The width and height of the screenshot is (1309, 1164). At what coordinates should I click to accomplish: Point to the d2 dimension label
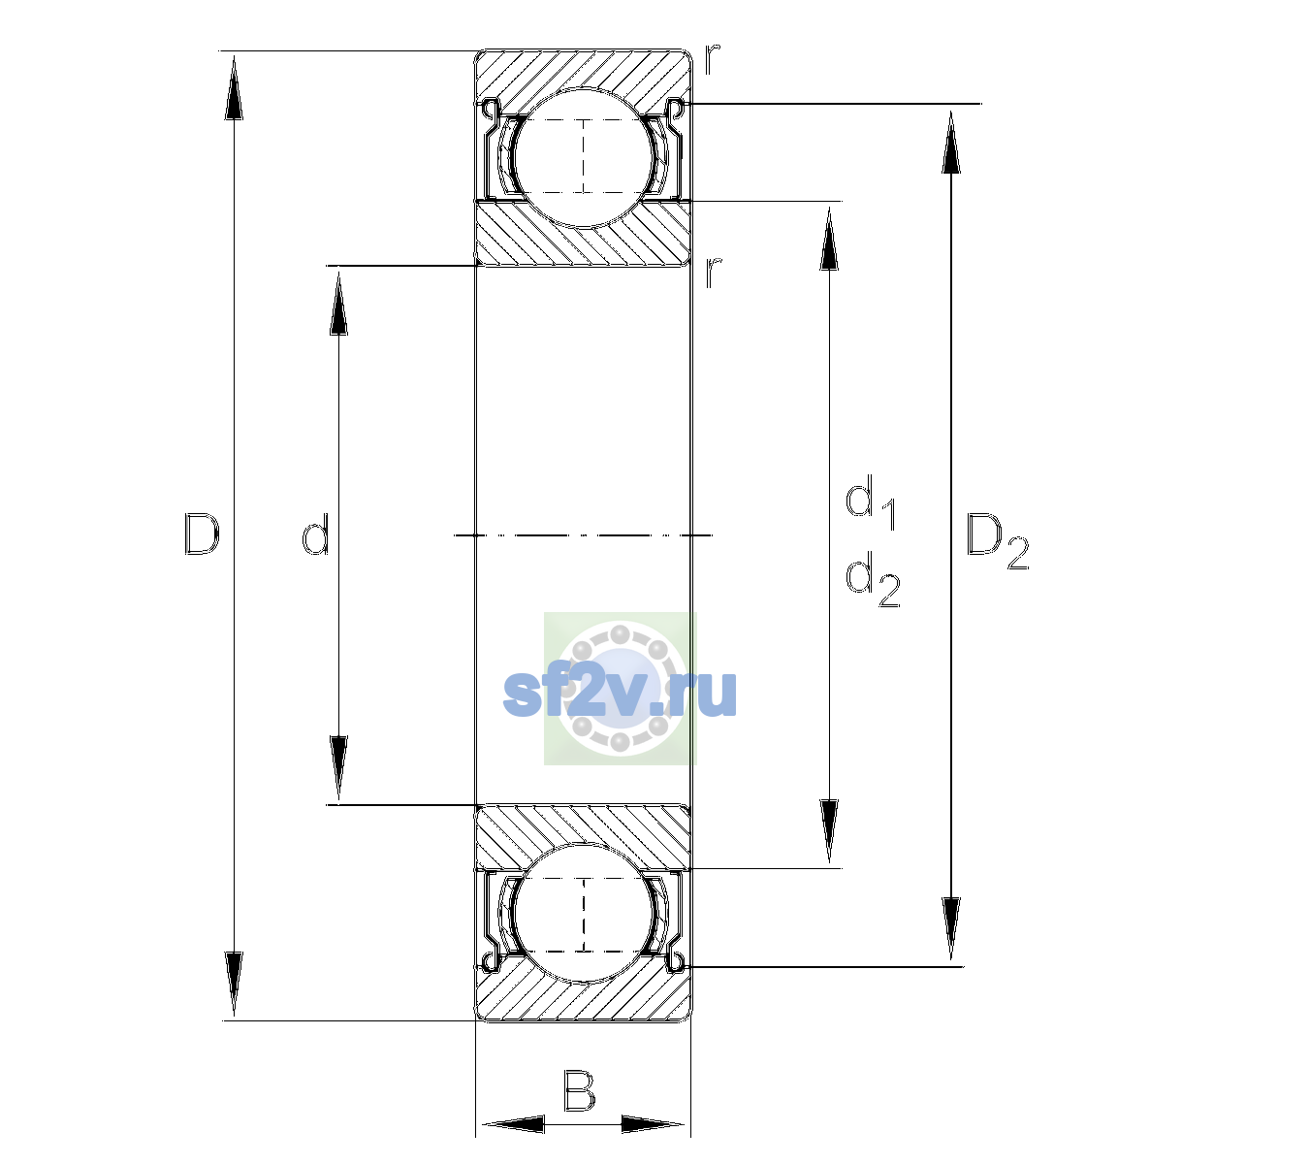(873, 578)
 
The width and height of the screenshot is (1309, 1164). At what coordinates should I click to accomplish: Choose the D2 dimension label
(997, 541)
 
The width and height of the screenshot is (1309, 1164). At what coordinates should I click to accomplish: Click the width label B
(579, 1090)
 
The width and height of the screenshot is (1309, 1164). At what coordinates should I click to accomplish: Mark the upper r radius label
(712, 59)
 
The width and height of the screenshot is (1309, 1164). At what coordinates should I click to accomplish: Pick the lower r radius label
(713, 273)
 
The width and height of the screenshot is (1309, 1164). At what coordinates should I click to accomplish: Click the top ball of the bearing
(583, 158)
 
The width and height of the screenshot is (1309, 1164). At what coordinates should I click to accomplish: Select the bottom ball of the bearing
(583, 914)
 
